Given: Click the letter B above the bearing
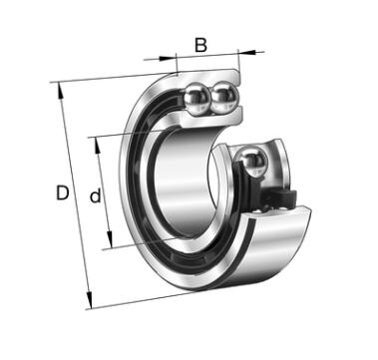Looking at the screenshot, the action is tap(200, 45).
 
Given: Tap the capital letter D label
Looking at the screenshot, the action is tap(62, 192).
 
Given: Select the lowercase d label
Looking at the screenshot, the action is tap(96, 195).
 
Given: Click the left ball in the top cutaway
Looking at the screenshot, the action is tap(197, 99).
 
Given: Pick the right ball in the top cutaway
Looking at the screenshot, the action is tap(224, 98).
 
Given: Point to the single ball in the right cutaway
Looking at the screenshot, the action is tap(252, 163).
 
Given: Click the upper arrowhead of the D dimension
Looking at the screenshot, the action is tap(60, 91).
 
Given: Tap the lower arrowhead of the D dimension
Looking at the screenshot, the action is tap(89, 300).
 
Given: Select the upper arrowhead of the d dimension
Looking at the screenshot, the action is tap(98, 146).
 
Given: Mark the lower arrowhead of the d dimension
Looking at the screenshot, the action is tap(110, 240).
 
